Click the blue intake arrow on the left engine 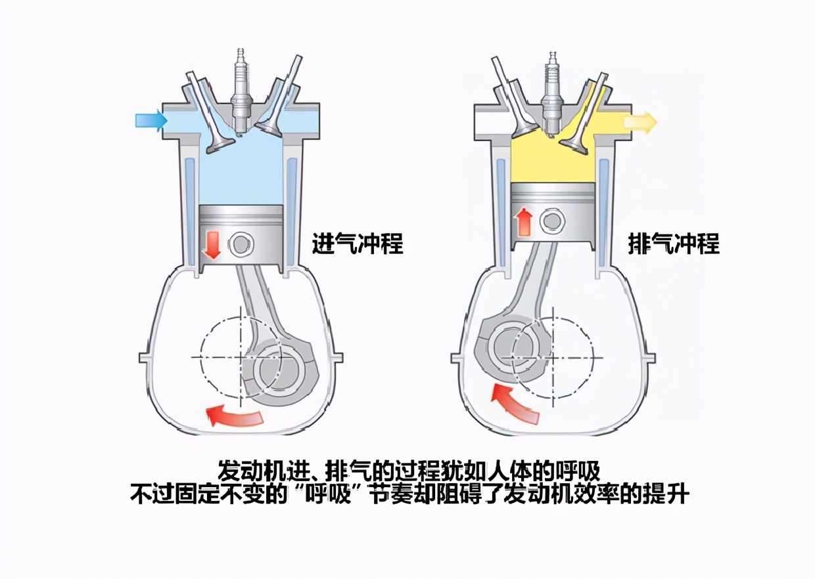coord(151,119)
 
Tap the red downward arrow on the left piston coord(212,244)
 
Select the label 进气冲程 coord(357,244)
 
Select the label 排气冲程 coord(674,244)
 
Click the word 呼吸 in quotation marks coord(329,494)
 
